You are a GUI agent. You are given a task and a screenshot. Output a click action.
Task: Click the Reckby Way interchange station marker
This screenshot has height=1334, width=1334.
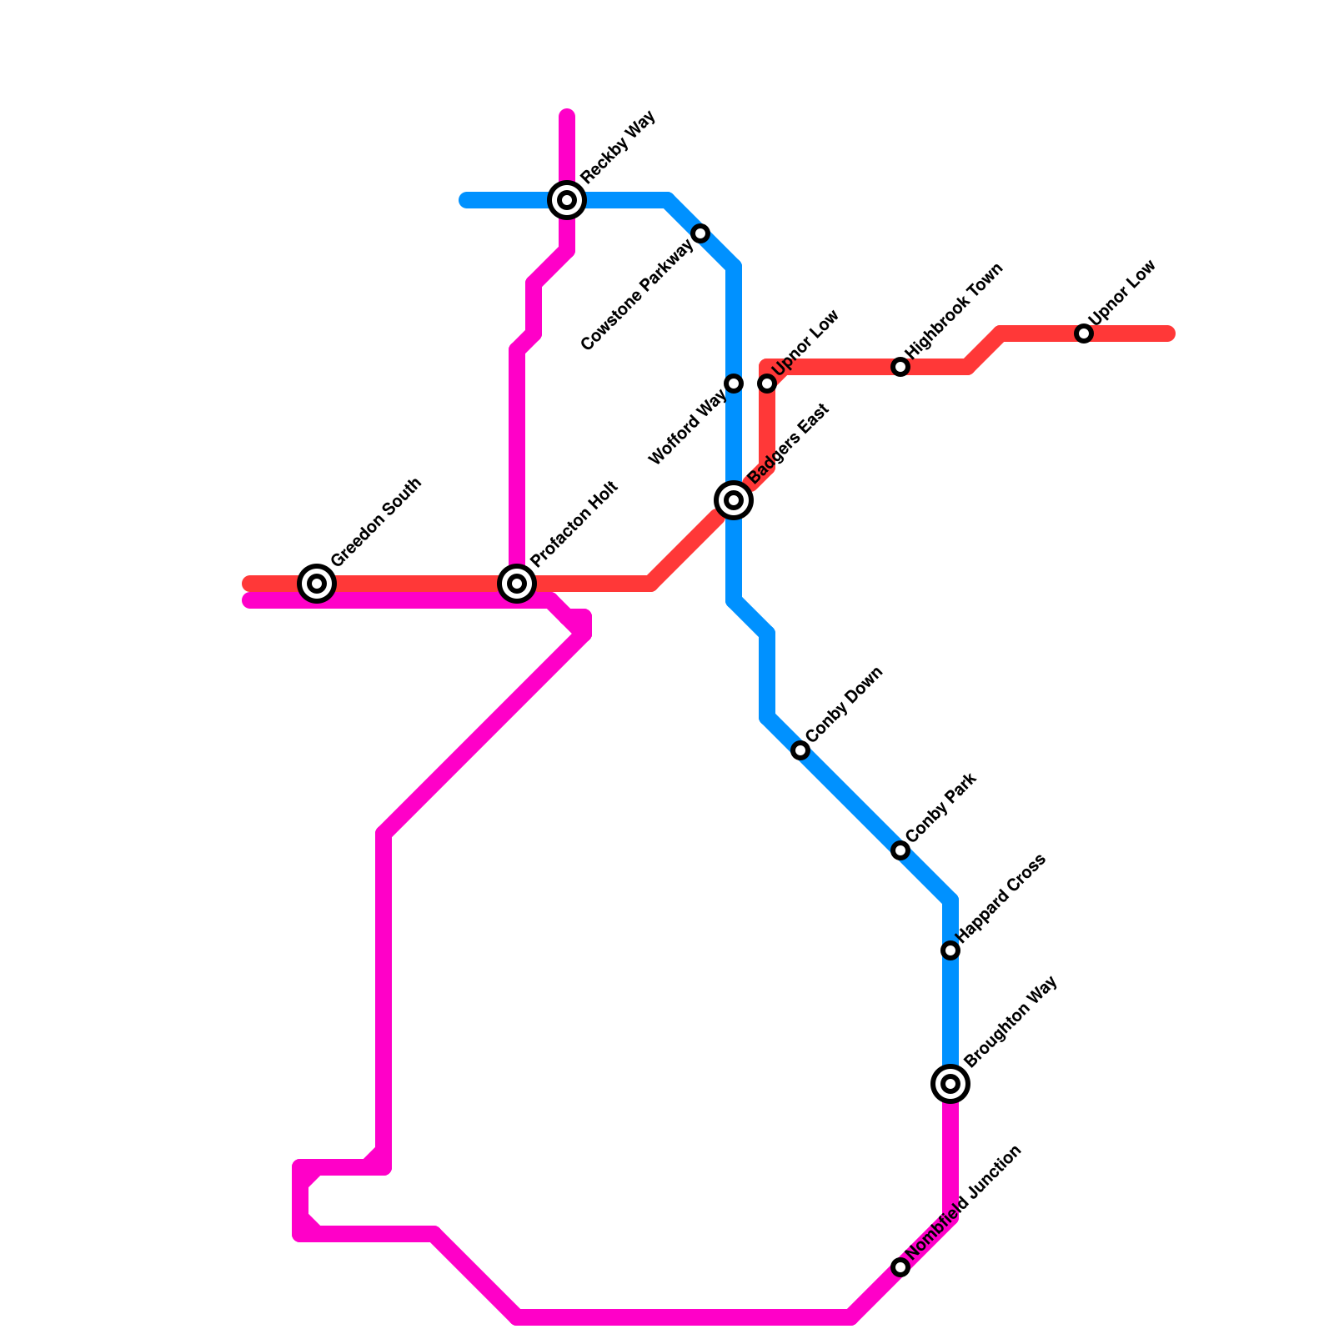(x=567, y=200)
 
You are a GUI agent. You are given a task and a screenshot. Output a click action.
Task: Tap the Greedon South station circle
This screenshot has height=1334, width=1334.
(x=317, y=584)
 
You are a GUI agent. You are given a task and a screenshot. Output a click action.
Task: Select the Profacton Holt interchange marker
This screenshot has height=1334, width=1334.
(x=517, y=584)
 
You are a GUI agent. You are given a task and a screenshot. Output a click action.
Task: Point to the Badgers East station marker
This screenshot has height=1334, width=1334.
(x=734, y=500)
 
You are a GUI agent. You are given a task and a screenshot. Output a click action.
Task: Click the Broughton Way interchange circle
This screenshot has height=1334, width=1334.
(x=950, y=1084)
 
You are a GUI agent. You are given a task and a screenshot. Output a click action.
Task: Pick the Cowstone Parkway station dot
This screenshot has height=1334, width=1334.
(x=701, y=233)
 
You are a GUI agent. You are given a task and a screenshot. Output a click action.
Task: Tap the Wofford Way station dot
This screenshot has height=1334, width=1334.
(x=734, y=384)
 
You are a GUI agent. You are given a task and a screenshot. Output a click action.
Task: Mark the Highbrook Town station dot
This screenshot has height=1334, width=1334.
(x=900, y=367)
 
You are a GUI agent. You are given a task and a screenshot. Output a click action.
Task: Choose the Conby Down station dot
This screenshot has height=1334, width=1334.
(x=800, y=750)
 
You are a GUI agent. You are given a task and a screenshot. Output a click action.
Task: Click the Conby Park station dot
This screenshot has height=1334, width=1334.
(x=900, y=850)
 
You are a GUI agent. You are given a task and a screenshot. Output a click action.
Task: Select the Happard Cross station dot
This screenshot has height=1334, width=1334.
(x=950, y=950)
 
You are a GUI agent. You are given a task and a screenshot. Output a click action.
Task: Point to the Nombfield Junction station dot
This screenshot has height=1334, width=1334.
(x=900, y=1267)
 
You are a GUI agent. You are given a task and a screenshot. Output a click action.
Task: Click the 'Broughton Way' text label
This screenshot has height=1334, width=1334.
(x=1011, y=1021)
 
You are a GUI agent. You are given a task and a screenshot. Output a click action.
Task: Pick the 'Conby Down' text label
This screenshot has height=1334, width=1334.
(x=845, y=704)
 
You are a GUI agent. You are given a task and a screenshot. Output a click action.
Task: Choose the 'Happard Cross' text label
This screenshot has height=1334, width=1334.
(x=1000, y=895)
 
